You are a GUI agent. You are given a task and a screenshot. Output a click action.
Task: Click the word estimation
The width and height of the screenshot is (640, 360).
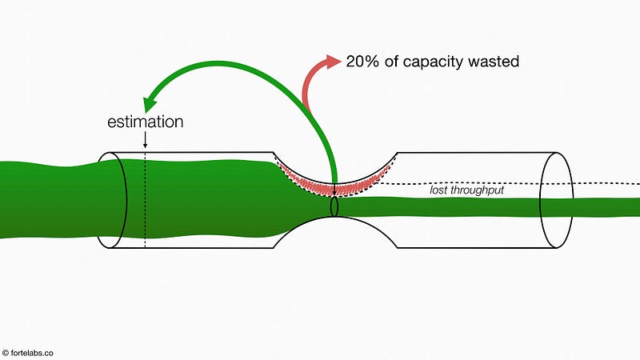[x=146, y=122]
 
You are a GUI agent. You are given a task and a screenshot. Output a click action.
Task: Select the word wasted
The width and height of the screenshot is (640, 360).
[x=494, y=62]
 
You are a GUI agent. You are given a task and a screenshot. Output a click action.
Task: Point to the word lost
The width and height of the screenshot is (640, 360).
[x=438, y=190]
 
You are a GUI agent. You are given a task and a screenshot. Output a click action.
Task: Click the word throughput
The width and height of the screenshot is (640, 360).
[x=477, y=190]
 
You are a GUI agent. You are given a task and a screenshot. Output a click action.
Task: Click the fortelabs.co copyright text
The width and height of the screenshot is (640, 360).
[x=28, y=353]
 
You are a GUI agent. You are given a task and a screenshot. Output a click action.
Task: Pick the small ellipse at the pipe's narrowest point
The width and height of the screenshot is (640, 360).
[x=334, y=207]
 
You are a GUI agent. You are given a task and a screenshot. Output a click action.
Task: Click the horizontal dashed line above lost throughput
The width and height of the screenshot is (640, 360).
[x=506, y=184]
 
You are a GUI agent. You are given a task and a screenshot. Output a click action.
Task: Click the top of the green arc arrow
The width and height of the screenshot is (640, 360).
[x=221, y=63]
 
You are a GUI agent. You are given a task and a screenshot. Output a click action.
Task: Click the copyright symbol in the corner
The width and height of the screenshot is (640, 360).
[x=6, y=353]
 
